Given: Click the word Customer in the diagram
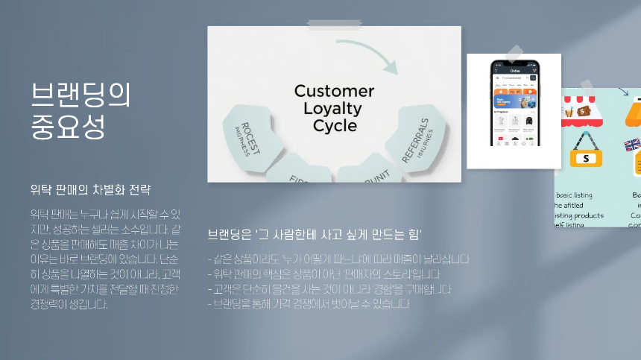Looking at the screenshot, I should coord(334,91).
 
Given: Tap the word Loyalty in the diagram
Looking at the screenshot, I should coord(333,109).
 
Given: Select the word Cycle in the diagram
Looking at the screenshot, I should coord(334,126).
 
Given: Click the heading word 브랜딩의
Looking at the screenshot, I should coord(81,95).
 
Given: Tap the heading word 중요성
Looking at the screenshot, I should coord(68,127).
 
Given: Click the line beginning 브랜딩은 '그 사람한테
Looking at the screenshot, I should coord(315,235).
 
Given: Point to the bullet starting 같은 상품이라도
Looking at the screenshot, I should coord(338,259).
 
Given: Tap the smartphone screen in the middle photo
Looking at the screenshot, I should coord(514,104).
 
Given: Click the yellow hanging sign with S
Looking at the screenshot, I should coord(585,157).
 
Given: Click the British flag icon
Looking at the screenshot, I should coord(632,145).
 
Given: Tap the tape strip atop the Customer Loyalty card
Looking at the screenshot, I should coord(333,25).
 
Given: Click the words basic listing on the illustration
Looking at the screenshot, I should coord(573,195).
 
